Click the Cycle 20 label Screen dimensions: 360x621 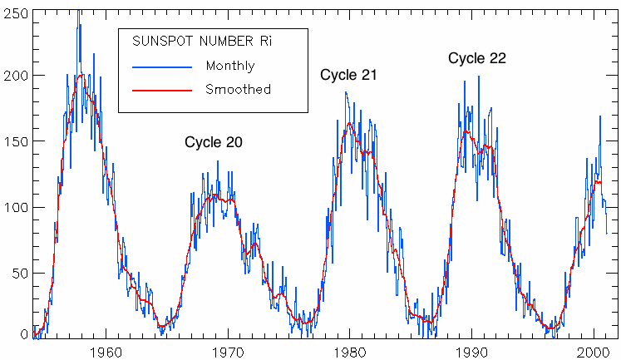214,142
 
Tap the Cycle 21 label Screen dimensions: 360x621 349,75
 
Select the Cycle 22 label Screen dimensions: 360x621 477,58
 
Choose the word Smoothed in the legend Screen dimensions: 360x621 238,89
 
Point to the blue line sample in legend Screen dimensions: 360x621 161,65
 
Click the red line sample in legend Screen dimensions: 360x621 161,89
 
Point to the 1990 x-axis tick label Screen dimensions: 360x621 472,350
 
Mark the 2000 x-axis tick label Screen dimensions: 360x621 594,350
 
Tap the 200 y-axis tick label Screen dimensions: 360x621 15,76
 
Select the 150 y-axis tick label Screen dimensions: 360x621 15,141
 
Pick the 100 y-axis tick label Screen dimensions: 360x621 15,207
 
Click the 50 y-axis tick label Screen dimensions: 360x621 18,273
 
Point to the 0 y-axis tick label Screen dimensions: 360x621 22,333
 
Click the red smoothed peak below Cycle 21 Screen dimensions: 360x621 350,124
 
